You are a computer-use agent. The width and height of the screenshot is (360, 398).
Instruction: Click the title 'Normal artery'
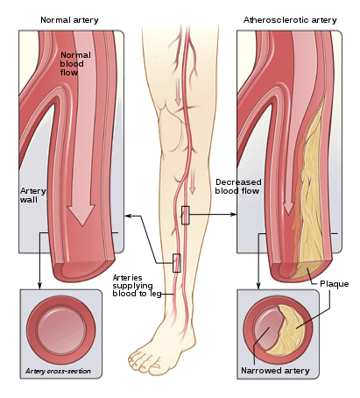69,20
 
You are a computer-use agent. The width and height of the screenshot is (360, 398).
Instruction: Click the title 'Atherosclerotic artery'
290,20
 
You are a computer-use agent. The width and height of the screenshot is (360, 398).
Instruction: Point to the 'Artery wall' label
33,195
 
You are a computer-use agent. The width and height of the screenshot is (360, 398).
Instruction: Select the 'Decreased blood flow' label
238,187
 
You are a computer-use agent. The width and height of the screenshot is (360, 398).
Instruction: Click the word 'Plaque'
335,284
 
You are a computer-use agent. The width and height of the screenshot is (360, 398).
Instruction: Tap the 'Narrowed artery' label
275,371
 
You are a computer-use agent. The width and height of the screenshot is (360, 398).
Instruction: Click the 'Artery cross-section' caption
58,371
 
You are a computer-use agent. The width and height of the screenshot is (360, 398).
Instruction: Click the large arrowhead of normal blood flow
81,215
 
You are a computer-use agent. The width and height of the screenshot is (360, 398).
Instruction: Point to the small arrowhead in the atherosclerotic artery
288,209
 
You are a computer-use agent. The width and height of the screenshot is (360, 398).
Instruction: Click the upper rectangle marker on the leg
186,216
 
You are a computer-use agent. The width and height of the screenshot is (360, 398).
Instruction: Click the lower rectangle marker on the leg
177,263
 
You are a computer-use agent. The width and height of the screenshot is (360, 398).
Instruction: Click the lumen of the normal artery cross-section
62,330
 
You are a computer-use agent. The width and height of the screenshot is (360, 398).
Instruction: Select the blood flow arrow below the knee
192,182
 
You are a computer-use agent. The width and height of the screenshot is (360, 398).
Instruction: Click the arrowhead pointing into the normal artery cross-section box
39,286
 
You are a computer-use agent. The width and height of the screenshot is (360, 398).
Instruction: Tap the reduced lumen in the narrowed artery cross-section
266,327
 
